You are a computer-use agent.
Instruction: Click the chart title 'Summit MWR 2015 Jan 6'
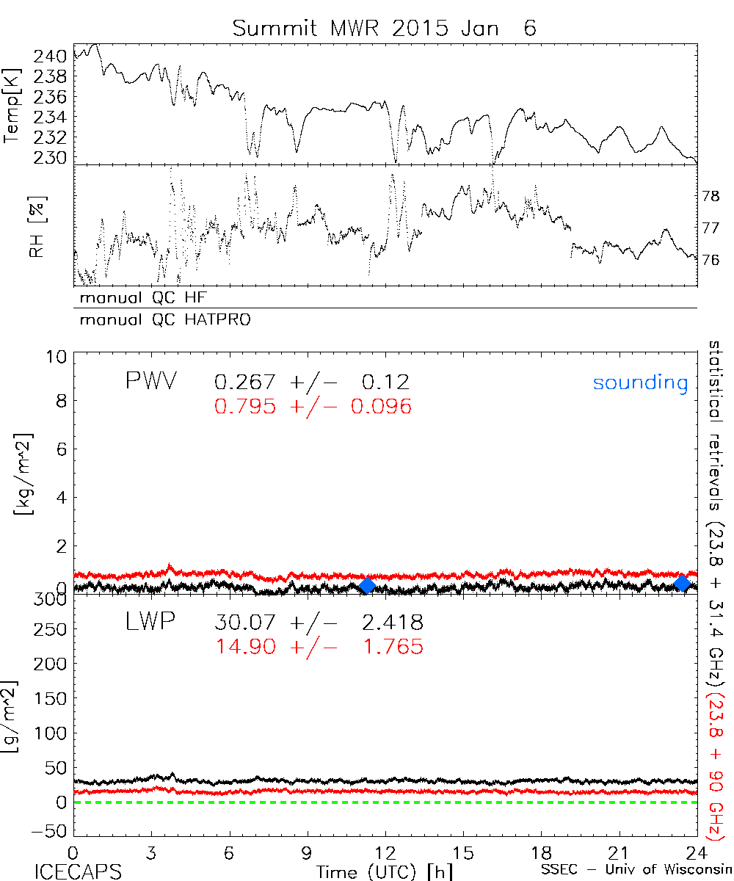[385, 29]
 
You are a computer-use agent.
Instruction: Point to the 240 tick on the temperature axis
[54, 56]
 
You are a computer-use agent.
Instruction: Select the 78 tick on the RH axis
[711, 197]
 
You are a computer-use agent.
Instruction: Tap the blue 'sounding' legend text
[641, 383]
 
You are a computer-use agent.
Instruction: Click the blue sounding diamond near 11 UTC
[367, 585]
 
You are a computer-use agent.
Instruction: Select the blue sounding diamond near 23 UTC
[683, 584]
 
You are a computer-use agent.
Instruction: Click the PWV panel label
[150, 382]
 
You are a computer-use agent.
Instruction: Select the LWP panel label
[150, 623]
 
